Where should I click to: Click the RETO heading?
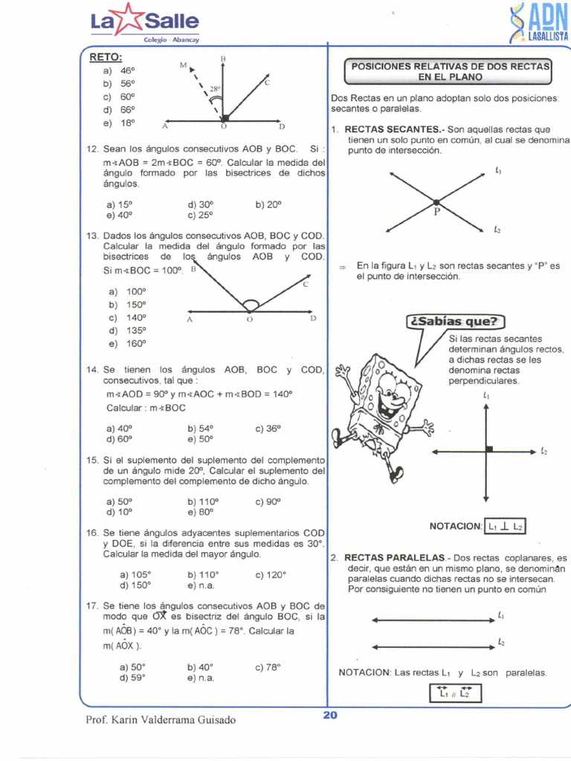(106, 57)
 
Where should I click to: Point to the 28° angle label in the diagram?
(216, 88)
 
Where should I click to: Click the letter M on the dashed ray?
(183, 66)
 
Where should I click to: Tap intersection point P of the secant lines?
(436, 201)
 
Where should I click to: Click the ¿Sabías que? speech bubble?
(454, 322)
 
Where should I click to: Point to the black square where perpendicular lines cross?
(489, 448)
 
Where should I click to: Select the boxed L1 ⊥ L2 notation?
(506, 526)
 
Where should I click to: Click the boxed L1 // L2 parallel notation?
(455, 693)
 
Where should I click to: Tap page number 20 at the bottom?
(330, 715)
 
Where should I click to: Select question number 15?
(93, 461)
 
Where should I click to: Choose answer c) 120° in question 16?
(271, 574)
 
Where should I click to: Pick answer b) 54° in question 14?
(201, 428)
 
